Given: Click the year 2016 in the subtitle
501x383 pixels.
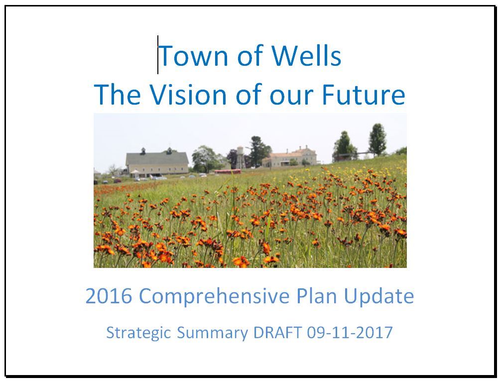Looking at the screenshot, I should [x=109, y=296].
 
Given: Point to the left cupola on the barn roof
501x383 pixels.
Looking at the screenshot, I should [x=143, y=150].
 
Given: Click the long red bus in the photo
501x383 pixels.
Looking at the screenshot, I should [x=228, y=172].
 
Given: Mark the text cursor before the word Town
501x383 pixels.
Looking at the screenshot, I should [x=158, y=55].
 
